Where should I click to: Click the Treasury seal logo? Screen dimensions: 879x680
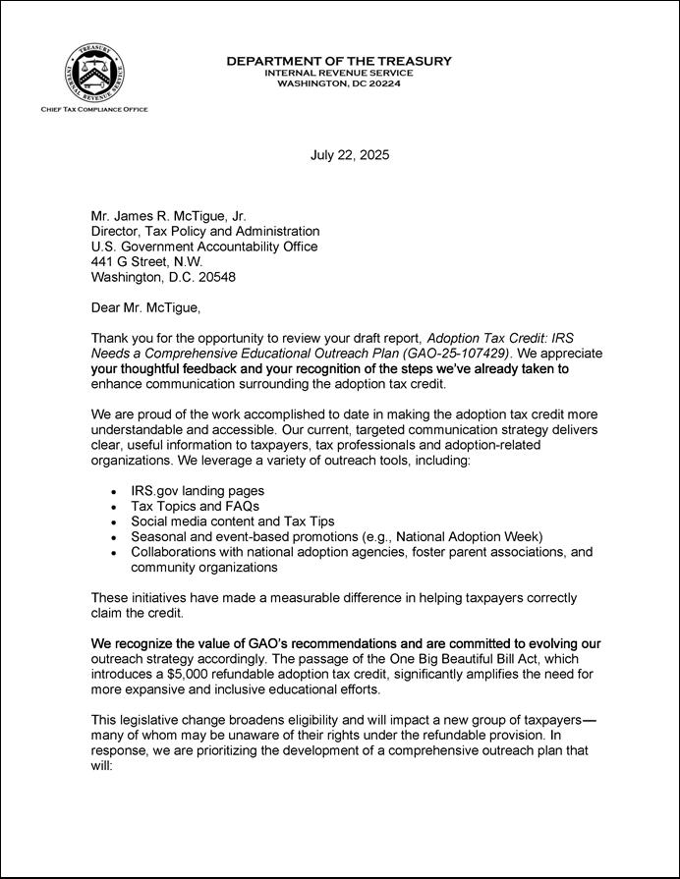tap(93, 74)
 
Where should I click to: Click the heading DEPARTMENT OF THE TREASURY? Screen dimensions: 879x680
tap(339, 61)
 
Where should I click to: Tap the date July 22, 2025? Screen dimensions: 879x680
tap(350, 155)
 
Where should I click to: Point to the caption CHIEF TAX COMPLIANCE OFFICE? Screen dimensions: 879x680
tap(94, 109)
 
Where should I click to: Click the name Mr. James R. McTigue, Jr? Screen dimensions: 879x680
tap(168, 216)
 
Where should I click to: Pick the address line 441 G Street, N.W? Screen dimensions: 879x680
tap(146, 262)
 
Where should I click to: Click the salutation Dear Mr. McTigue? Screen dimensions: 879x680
tap(144, 308)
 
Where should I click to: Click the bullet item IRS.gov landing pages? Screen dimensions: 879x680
tap(197, 490)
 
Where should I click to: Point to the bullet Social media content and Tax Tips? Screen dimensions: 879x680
tap(235, 521)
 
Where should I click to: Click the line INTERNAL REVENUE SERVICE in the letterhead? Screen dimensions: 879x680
tap(339, 73)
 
